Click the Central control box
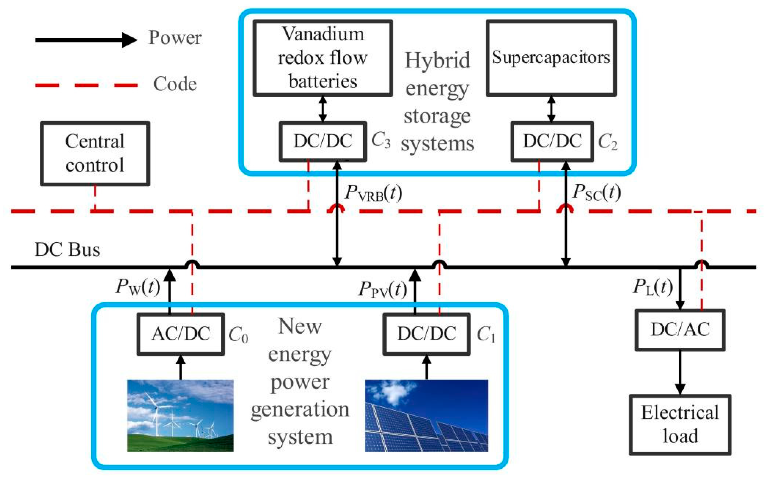[x=95, y=154]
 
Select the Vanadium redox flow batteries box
[x=322, y=58]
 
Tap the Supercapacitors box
[x=551, y=58]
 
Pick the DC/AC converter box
[x=680, y=330]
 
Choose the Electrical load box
[x=680, y=425]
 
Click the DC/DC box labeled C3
[x=322, y=141]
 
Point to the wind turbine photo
[x=180, y=415]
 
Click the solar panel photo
[x=426, y=415]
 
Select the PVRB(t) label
[x=373, y=193]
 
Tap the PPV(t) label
[x=382, y=289]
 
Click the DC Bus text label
[x=67, y=250]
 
